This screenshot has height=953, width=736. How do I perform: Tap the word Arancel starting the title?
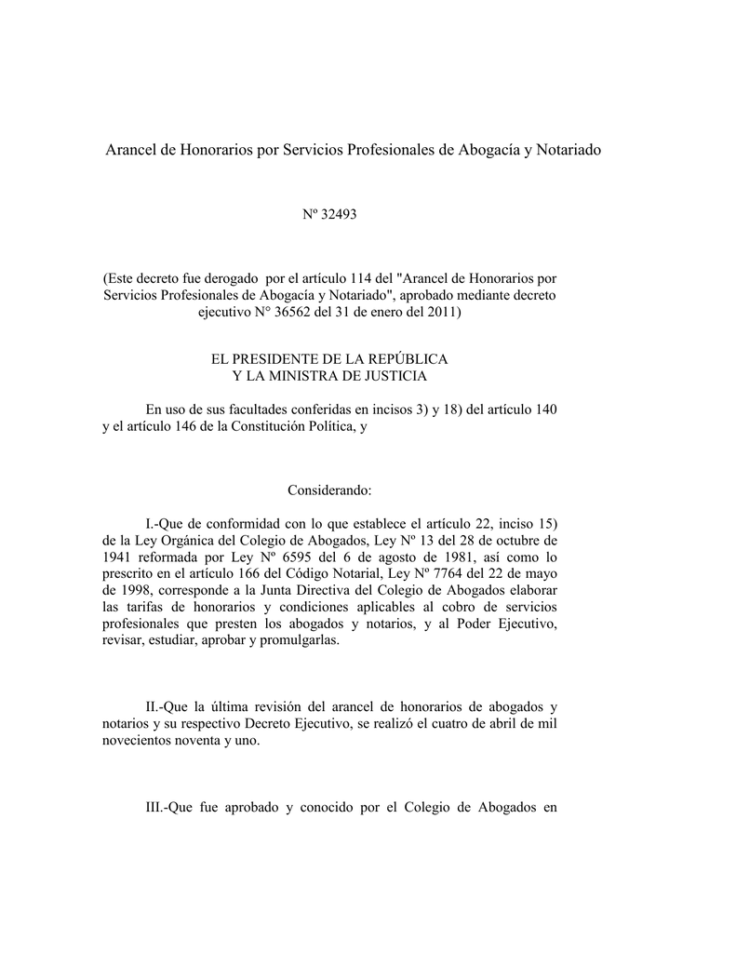(132, 149)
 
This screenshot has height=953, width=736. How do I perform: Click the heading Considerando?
(329, 490)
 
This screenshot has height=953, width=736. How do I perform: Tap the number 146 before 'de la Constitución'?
(189, 426)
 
